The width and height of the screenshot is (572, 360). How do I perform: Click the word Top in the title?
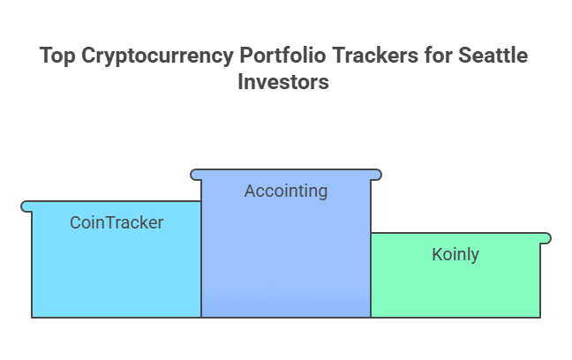click(57, 56)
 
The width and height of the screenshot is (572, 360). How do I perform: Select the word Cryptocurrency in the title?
click(157, 56)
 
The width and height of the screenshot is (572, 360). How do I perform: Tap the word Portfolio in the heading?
click(282, 56)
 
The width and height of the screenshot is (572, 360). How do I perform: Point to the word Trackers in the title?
click(375, 56)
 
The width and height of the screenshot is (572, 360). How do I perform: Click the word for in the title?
click(438, 56)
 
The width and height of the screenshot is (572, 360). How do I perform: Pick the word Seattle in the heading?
click(493, 56)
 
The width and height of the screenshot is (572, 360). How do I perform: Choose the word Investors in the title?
click(283, 81)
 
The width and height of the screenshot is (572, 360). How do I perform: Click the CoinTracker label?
click(117, 222)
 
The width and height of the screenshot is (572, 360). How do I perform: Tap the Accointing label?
click(286, 191)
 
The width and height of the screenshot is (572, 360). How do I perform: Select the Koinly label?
click(455, 254)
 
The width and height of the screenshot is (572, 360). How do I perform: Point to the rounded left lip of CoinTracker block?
click(26, 206)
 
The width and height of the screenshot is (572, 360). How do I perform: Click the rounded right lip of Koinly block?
click(546, 238)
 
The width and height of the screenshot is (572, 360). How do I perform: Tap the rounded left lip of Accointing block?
click(196, 175)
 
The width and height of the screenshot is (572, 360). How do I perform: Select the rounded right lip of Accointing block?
click(376, 175)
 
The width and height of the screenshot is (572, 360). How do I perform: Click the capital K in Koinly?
click(438, 254)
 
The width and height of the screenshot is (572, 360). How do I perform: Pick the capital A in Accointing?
click(251, 191)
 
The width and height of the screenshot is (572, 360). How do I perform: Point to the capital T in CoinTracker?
click(112, 223)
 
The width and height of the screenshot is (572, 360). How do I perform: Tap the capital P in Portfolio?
click(246, 56)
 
